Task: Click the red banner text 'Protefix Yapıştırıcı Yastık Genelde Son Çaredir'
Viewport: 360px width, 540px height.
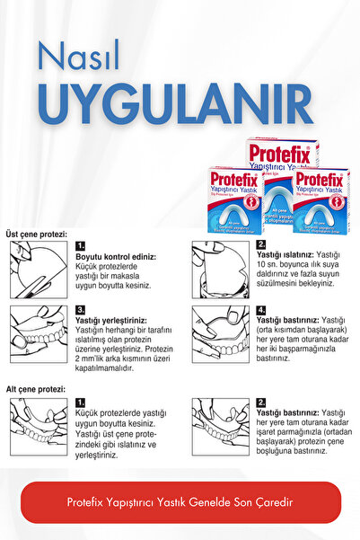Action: tap(180, 502)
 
